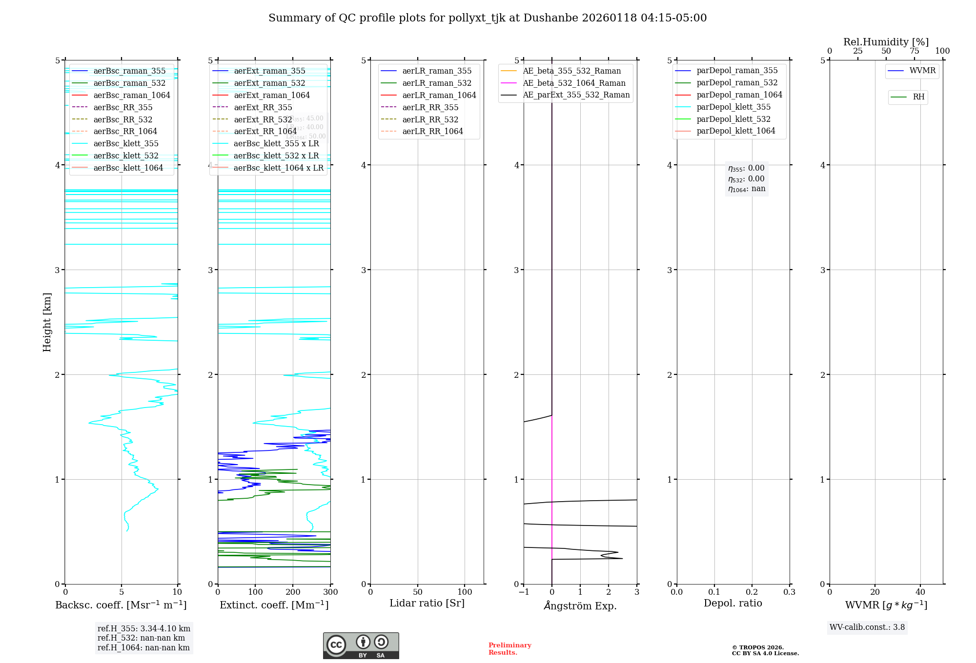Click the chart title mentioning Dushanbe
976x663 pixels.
point(488,18)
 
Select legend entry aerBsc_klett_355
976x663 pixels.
point(126,143)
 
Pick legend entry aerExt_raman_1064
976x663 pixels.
point(272,95)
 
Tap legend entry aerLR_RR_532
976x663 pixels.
point(430,119)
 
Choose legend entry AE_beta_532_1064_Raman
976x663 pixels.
point(574,83)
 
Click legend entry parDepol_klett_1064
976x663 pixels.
point(735,131)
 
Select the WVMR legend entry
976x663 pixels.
point(922,71)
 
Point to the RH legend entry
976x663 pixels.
point(918,97)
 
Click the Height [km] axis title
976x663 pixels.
point(47,322)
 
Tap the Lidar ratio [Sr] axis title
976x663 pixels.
point(427,603)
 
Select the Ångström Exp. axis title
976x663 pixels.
point(580,605)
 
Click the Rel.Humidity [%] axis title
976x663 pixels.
point(886,42)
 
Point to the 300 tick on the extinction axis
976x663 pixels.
point(330,592)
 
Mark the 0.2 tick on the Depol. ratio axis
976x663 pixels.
point(752,592)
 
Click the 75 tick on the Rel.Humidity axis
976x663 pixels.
point(914,51)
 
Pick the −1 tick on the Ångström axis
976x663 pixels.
point(524,592)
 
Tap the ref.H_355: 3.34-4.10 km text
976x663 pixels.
point(143,628)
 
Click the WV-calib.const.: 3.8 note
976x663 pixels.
point(867,627)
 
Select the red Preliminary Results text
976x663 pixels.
point(509,648)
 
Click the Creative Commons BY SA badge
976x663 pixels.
point(361,645)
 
